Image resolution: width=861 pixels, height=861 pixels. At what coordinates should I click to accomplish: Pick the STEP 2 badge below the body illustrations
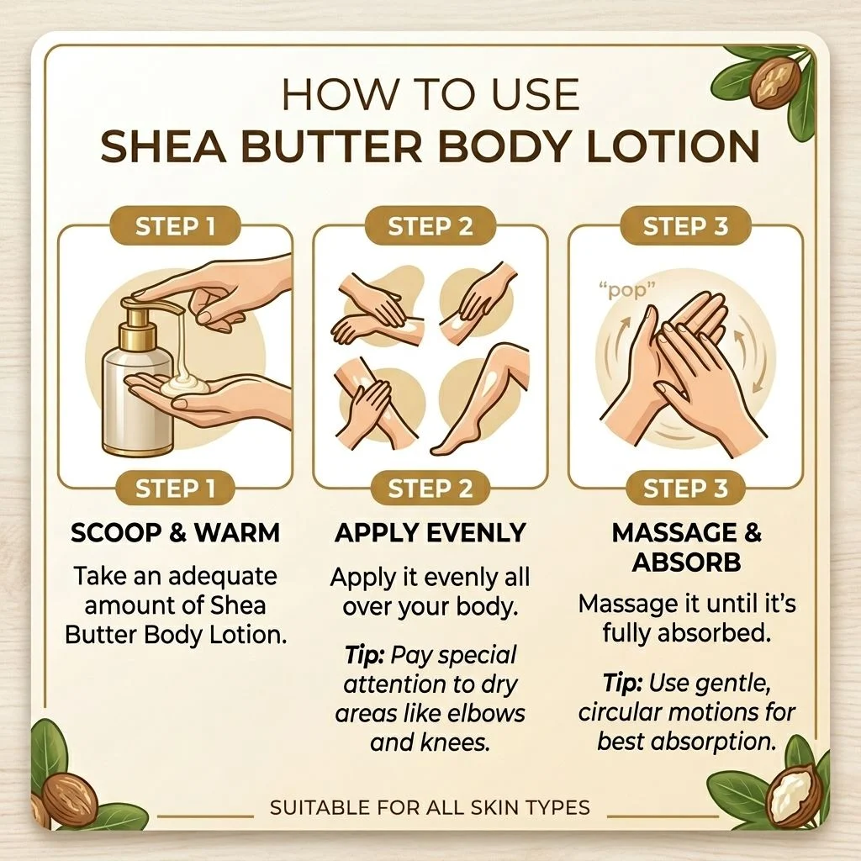pyautogui.click(x=430, y=489)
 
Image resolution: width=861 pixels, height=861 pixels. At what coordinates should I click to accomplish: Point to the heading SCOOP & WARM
pyautogui.click(x=175, y=533)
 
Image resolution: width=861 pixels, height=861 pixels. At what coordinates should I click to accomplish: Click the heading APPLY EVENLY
pyautogui.click(x=430, y=533)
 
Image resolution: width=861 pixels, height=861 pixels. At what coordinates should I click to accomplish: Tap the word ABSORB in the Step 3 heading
pyautogui.click(x=686, y=563)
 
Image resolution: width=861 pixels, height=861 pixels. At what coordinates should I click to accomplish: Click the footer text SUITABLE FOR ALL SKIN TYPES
pyautogui.click(x=430, y=808)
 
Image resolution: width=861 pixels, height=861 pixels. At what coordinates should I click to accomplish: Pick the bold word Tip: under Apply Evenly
pyautogui.click(x=364, y=655)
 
